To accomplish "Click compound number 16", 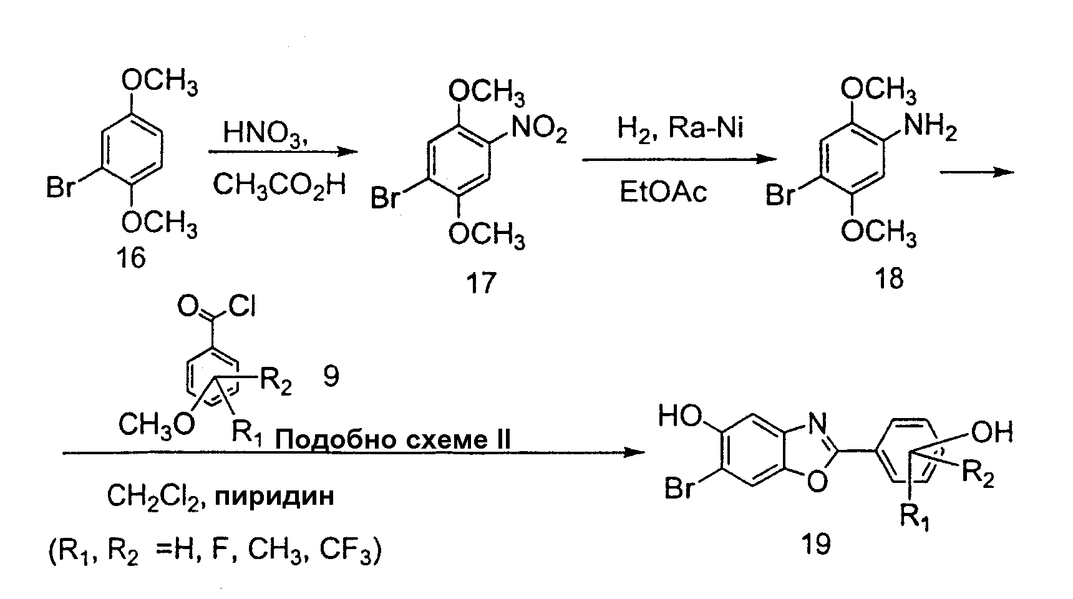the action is coord(131,256).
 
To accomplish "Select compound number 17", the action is coord(481,283).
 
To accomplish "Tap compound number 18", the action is coord(889,278).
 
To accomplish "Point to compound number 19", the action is coord(816,543).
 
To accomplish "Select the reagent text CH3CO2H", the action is coord(279,185).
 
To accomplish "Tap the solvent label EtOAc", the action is coord(663,192).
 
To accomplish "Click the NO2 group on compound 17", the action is coord(538,132).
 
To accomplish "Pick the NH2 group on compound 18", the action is coord(930,129).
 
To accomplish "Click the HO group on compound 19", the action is coord(681,416).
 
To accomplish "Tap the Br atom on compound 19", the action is coord(680,489).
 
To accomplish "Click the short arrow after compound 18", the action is coord(977,172).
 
